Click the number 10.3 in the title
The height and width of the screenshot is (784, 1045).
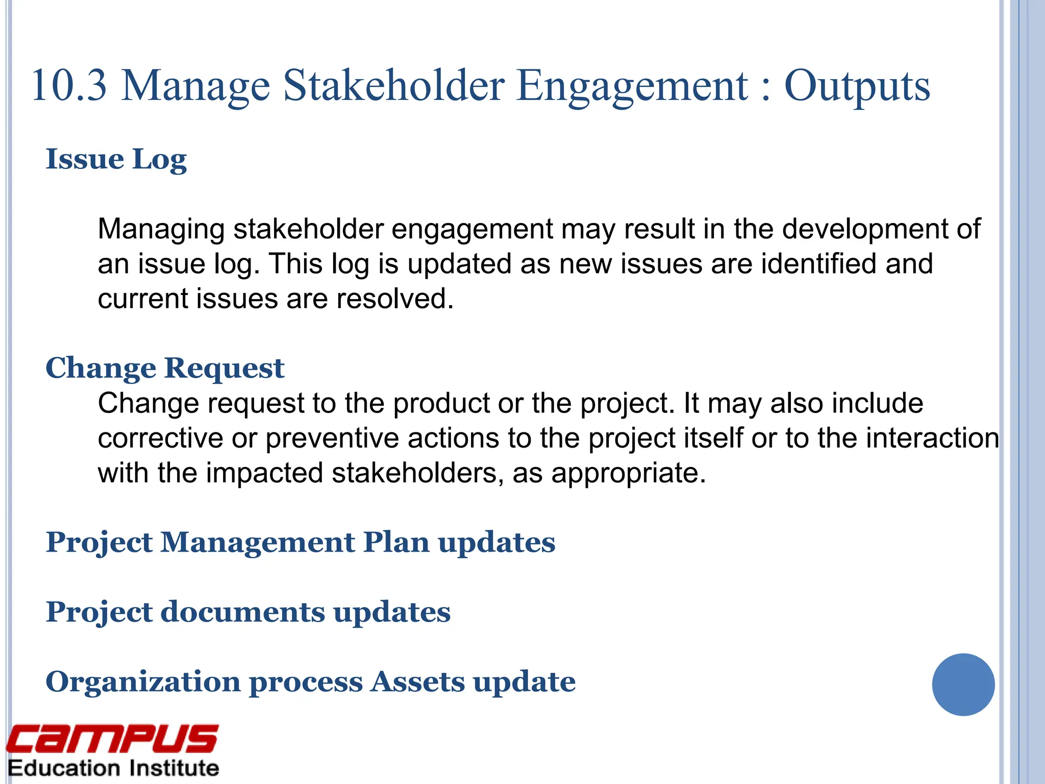click(x=69, y=86)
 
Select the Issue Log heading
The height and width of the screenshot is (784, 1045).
click(x=116, y=159)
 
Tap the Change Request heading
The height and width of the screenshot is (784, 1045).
click(x=165, y=368)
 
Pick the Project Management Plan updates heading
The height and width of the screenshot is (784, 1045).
click(x=301, y=542)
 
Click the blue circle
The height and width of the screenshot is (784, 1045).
click(x=963, y=684)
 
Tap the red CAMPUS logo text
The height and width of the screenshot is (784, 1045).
click(x=112, y=739)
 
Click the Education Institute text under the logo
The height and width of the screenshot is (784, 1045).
click(x=113, y=768)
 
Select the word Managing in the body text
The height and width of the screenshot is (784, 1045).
click(x=161, y=230)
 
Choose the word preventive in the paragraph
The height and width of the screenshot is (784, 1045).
click(x=332, y=438)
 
